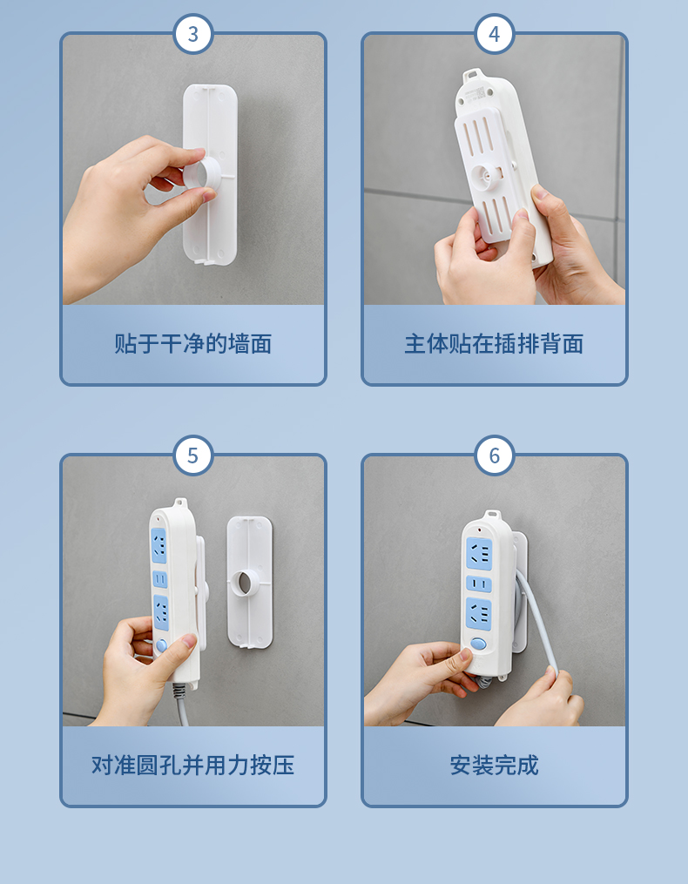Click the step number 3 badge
click(x=192, y=34)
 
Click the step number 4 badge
click(x=495, y=34)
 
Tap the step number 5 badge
click(x=192, y=455)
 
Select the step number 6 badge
click(x=495, y=455)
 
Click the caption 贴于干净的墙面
click(x=192, y=344)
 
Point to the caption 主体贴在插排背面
click(x=494, y=344)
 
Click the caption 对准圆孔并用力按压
click(x=192, y=765)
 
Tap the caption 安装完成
click(x=494, y=765)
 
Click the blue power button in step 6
click(x=478, y=644)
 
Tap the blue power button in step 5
click(x=162, y=645)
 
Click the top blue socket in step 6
click(x=479, y=554)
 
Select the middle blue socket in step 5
click(x=160, y=579)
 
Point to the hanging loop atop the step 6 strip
click(x=492, y=516)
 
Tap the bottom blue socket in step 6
click(x=479, y=613)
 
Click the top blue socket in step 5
click(x=159, y=545)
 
